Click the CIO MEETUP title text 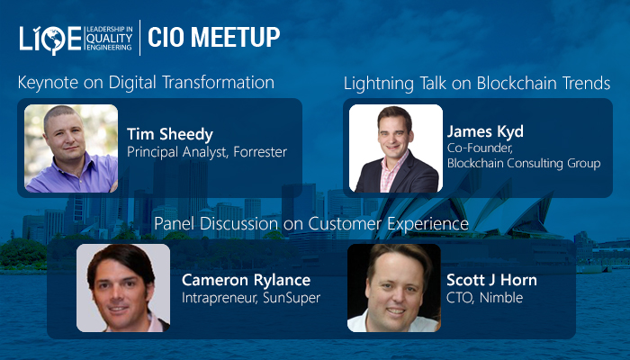(213, 37)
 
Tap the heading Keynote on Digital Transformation (146, 83)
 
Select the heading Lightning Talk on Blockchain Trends (477, 84)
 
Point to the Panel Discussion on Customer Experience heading (311, 222)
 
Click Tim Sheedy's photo (71, 148)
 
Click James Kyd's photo (396, 148)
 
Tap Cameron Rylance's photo (123, 288)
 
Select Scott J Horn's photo (394, 288)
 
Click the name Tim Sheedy (169, 134)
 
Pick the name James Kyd (485, 132)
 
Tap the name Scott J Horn (491, 279)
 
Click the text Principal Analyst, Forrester (207, 153)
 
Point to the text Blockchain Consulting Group (524, 163)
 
